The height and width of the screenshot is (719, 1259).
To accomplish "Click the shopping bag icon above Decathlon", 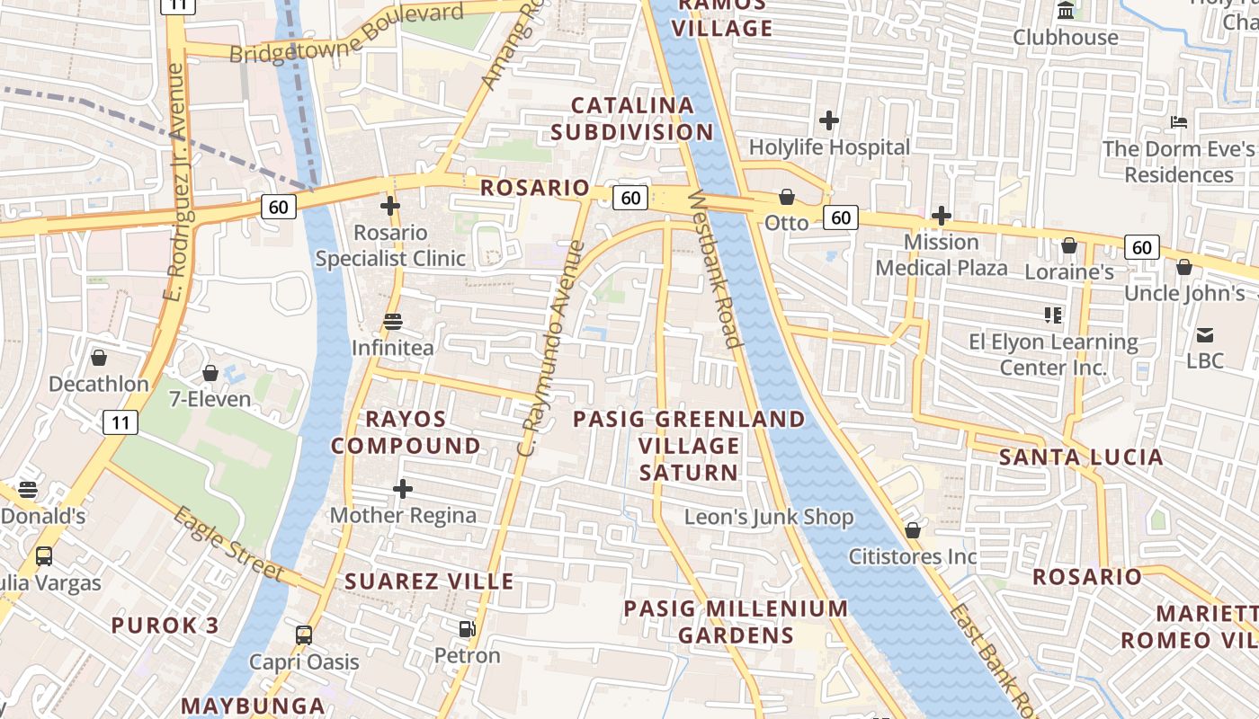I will [99, 358].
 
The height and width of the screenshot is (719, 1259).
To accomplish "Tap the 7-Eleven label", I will [210, 398].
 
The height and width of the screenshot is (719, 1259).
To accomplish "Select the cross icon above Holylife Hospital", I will [829, 120].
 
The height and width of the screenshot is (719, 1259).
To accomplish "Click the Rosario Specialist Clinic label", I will [390, 245].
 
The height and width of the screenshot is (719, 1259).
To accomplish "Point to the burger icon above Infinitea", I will [393, 322].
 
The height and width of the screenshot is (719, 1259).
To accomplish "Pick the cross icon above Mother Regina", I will [403, 489].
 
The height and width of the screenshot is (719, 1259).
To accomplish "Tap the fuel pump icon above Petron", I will [467, 629].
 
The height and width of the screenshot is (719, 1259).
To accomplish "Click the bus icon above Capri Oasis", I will [304, 635].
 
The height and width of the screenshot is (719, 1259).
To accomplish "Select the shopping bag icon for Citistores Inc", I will [913, 530].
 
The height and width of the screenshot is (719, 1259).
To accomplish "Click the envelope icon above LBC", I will [1205, 335].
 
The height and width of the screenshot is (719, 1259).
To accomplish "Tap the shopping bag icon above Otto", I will [787, 196].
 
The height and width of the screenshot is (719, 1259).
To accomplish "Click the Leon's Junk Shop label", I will [769, 517].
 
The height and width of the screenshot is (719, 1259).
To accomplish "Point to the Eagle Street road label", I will [228, 545].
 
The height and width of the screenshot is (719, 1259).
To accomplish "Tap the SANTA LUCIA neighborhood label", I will [1081, 457].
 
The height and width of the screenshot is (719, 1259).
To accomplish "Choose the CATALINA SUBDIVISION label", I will [632, 119].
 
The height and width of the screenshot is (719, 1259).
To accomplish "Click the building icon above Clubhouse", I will [1066, 11].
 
